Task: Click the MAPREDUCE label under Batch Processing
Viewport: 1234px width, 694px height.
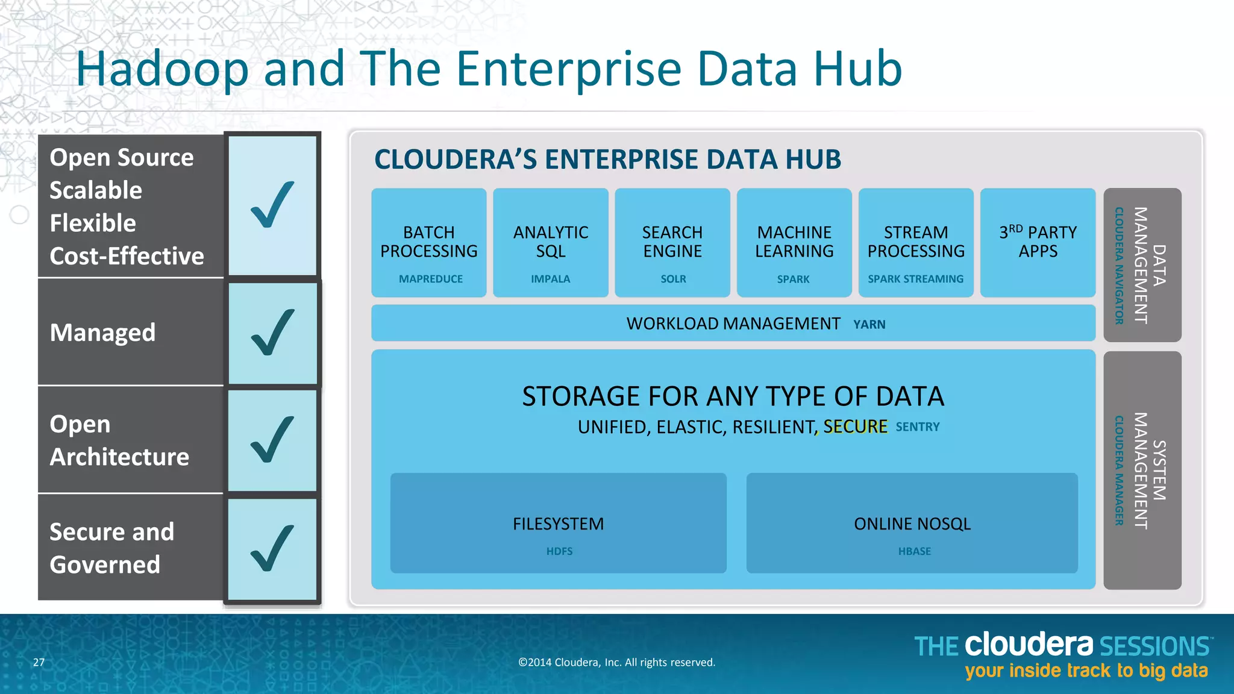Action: (x=431, y=279)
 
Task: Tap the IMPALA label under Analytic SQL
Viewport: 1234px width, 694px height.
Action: (x=550, y=279)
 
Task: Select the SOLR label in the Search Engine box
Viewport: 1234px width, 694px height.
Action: (x=673, y=279)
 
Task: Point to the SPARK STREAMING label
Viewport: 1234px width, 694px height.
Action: (x=915, y=279)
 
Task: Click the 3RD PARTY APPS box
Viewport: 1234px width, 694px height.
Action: (x=1038, y=242)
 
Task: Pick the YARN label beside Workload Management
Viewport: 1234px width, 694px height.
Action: (x=869, y=325)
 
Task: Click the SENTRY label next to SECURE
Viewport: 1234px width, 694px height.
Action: (x=917, y=427)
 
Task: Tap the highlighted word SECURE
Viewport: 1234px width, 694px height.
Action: (x=855, y=427)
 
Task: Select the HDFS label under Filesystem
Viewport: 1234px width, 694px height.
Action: (x=559, y=551)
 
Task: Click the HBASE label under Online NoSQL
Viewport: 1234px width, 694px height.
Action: (x=914, y=551)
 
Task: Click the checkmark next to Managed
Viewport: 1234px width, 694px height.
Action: (x=273, y=333)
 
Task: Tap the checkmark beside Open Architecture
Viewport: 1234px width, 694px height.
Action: (x=273, y=440)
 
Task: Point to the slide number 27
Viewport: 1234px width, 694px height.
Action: (x=39, y=663)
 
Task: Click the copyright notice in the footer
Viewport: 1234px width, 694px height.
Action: (x=616, y=663)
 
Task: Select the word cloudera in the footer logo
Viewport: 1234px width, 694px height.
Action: (x=1029, y=645)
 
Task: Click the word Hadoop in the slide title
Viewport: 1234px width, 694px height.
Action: (x=162, y=69)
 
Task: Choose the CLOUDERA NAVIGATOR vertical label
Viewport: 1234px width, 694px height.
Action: (x=1119, y=266)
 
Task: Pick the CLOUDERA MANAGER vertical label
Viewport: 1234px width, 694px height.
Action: (x=1119, y=470)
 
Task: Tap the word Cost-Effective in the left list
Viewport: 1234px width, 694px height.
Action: (x=127, y=257)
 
